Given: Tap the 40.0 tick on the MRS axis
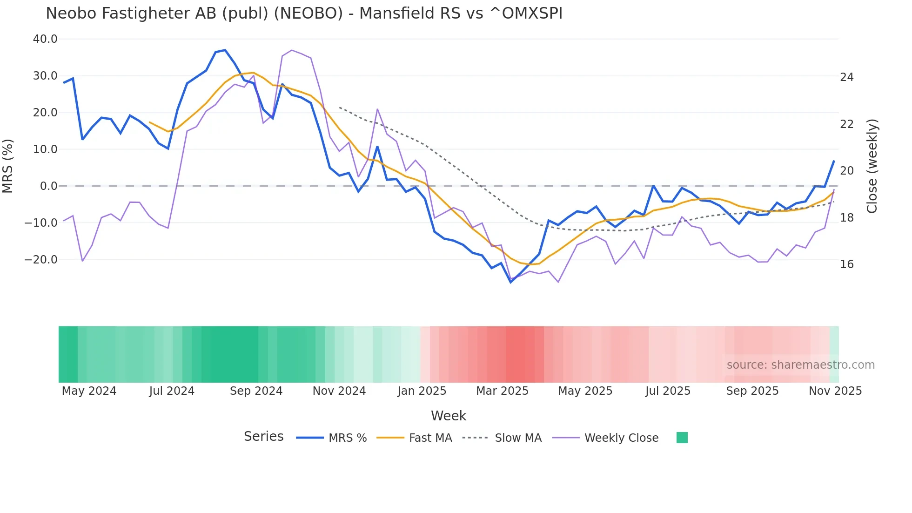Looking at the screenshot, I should pyautogui.click(x=45, y=39).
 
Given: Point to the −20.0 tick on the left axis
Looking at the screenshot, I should pyautogui.click(x=41, y=260).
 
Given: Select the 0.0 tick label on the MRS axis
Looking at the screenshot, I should pyautogui.click(x=49, y=186).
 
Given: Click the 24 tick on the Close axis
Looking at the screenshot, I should pyautogui.click(x=847, y=77).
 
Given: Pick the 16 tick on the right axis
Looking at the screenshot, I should pyautogui.click(x=847, y=264).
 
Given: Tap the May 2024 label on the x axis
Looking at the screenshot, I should pyautogui.click(x=89, y=391).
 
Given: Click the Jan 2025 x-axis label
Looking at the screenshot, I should pyautogui.click(x=422, y=391).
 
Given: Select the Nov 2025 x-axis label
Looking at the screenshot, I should pyautogui.click(x=835, y=391).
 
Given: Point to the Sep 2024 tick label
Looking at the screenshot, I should pyautogui.click(x=256, y=391).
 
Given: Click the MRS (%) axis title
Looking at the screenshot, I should pyautogui.click(x=8, y=166).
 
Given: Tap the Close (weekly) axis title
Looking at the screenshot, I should pyautogui.click(x=872, y=166).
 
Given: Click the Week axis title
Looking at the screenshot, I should pyautogui.click(x=449, y=416).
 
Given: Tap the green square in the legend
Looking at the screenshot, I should pyautogui.click(x=682, y=438).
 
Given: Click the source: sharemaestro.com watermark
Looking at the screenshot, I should pyautogui.click(x=800, y=365).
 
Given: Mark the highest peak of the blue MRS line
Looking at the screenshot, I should pyautogui.click(x=225, y=50).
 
